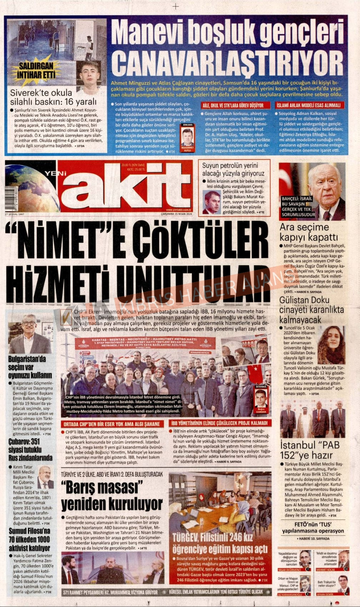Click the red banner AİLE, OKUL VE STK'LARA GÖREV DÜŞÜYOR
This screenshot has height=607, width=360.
(233, 105)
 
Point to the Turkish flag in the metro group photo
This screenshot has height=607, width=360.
(255, 373)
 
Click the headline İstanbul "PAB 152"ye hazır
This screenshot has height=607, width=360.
(310, 451)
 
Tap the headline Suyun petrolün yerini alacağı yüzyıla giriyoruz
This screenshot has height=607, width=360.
(233, 169)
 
